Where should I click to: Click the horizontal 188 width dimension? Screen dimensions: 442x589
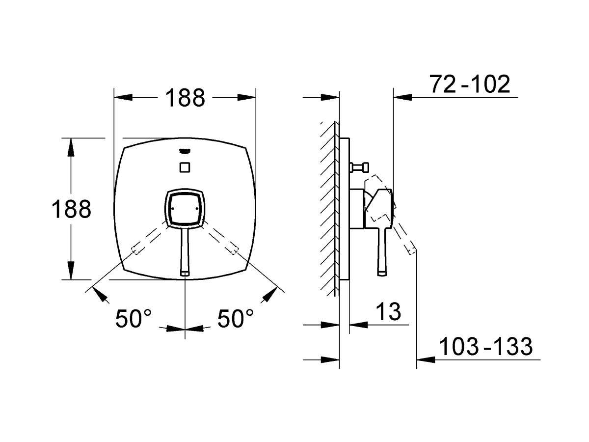[185, 98]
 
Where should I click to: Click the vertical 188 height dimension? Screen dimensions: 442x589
[72, 210]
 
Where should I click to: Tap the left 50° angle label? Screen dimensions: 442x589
[134, 319]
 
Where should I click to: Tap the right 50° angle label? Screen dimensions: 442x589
[236, 319]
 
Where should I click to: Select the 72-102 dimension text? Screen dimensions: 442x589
[470, 84]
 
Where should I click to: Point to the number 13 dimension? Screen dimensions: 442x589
[388, 311]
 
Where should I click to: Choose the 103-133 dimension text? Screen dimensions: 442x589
[485, 347]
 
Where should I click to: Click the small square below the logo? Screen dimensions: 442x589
[185, 167]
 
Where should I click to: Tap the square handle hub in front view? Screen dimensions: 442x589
[185, 209]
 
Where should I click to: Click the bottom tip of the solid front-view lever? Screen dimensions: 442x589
[185, 273]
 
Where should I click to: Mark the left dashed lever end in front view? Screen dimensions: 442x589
[135, 250]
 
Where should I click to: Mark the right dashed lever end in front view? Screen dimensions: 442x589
[234, 250]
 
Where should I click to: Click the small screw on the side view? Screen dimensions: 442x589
[361, 168]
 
